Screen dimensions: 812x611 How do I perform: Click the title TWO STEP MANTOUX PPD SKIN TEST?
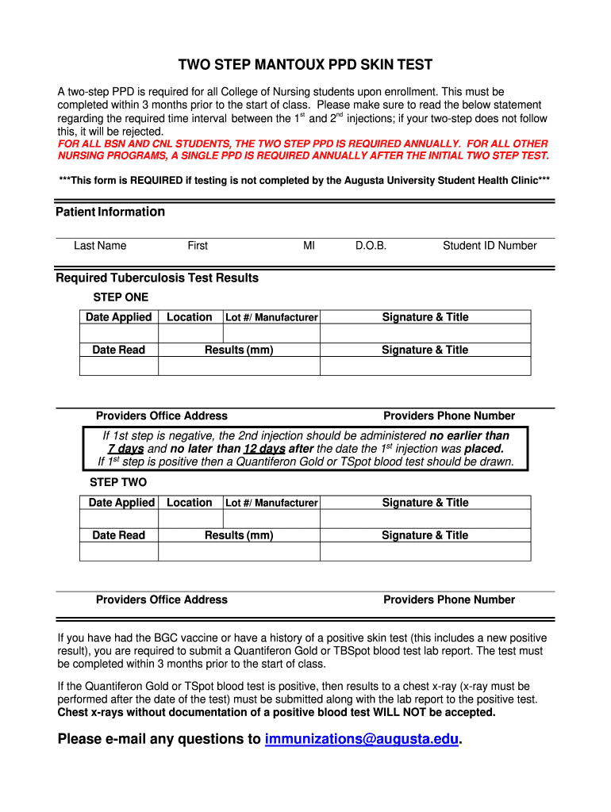point(305,65)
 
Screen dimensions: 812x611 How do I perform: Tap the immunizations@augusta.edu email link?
point(362,740)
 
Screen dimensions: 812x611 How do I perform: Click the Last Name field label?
point(100,246)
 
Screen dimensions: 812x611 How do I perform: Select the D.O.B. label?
point(371,246)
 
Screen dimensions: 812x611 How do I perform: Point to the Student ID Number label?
point(490,246)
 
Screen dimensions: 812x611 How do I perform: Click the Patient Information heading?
point(110,212)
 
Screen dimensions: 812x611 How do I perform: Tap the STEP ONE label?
point(121,297)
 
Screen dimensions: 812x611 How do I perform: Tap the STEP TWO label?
point(118,482)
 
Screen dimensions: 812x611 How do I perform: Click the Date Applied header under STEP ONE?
point(119,317)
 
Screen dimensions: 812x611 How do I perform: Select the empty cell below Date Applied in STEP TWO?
point(119,519)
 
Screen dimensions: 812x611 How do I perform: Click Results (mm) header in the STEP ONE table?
point(239,350)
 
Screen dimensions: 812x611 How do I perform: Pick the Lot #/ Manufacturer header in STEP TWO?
point(271,503)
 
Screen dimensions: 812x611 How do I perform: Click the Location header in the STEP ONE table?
point(190,317)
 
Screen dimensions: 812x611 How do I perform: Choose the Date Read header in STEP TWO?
point(119,535)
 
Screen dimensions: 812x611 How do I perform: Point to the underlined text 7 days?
point(125,449)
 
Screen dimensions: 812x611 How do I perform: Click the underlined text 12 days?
point(264,449)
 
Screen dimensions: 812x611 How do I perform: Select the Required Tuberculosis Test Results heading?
point(157,278)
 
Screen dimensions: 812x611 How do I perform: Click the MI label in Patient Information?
point(309,246)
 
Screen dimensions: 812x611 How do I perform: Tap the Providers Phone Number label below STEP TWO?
point(449,600)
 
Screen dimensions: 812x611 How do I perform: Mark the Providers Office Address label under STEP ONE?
point(162,416)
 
